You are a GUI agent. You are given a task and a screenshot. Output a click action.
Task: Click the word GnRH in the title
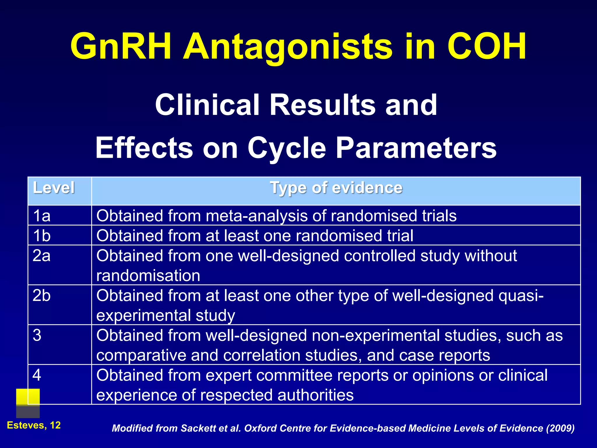(120, 47)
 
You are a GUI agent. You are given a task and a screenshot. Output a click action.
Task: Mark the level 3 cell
(37, 335)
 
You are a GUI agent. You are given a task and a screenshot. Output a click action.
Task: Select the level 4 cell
(37, 375)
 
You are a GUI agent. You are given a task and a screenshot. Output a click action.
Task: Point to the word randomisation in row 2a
(148, 276)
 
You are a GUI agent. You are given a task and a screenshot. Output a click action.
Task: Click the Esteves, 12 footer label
(34, 425)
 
